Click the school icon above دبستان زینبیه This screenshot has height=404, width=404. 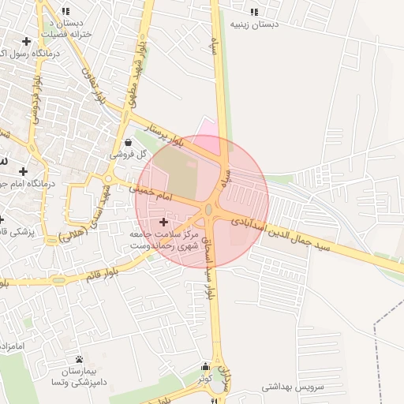[253, 12]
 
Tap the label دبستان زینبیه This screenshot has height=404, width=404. [254, 24]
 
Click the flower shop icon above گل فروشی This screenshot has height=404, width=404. [128, 142]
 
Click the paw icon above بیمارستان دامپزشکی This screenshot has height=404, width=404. [79, 359]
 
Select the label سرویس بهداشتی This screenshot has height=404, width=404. [289, 387]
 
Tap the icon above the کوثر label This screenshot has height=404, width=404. [206, 366]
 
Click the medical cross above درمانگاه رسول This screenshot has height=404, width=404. [28, 41]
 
